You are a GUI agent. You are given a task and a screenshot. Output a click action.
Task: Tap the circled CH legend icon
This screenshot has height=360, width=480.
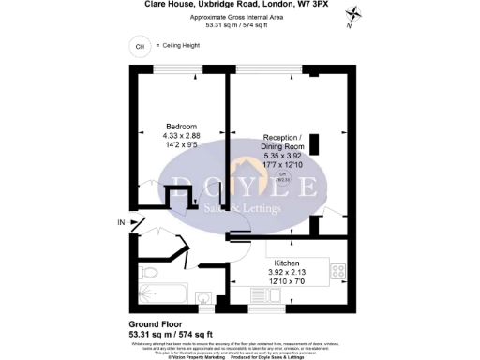(x=141, y=45)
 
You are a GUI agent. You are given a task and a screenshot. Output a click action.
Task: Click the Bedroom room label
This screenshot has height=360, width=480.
(x=181, y=127)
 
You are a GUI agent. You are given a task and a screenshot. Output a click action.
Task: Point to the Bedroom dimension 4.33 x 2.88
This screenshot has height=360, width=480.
(x=181, y=136)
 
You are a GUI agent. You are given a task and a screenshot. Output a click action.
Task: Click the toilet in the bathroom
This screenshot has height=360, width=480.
(x=203, y=298)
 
